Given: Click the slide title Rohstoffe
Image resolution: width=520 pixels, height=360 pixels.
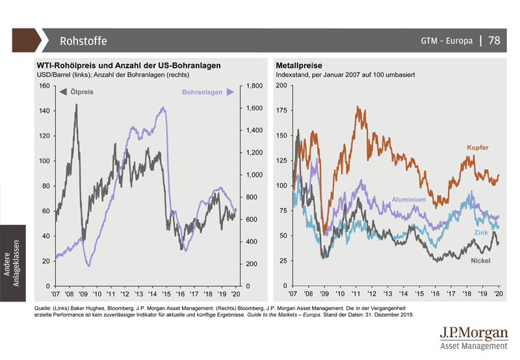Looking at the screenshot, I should click(x=83, y=41).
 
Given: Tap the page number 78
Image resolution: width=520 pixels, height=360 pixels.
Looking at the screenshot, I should click(x=495, y=40).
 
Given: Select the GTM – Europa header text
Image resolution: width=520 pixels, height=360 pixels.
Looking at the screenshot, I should click(x=447, y=41).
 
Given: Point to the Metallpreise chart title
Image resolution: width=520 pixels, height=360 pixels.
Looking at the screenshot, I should click(x=299, y=66).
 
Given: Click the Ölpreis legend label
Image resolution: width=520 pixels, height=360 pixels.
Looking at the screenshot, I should click(x=81, y=92).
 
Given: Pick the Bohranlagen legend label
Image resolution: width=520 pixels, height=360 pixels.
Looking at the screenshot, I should click(x=201, y=92).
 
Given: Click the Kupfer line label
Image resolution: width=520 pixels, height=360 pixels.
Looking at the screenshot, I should click(x=477, y=148).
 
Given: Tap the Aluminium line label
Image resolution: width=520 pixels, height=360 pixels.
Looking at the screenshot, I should click(x=409, y=199).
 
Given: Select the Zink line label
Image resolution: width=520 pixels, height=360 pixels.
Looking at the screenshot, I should click(x=480, y=232).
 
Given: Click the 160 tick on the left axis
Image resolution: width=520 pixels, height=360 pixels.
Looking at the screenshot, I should click(x=45, y=86).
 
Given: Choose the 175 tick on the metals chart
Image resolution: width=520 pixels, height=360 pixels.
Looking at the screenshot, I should click(x=281, y=110).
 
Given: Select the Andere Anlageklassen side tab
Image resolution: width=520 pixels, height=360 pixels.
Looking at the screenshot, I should click(x=12, y=260).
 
